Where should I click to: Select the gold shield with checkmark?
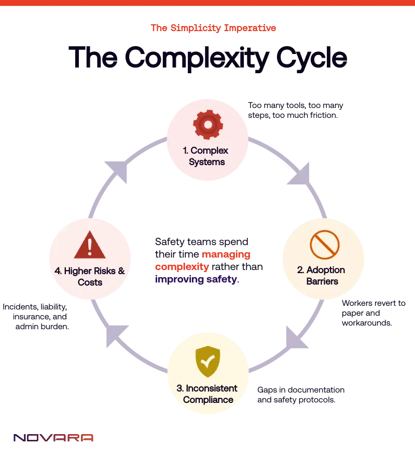click(x=208, y=361)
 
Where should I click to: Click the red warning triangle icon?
click(x=90, y=245)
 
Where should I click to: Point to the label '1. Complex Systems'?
click(x=208, y=156)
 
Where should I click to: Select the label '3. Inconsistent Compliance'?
click(x=208, y=394)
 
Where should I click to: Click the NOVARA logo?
click(x=53, y=438)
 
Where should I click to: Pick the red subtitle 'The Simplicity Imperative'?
click(x=213, y=29)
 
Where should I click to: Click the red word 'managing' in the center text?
click(x=226, y=254)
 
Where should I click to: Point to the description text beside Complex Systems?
click(x=295, y=111)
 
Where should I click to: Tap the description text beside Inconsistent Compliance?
click(x=300, y=395)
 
